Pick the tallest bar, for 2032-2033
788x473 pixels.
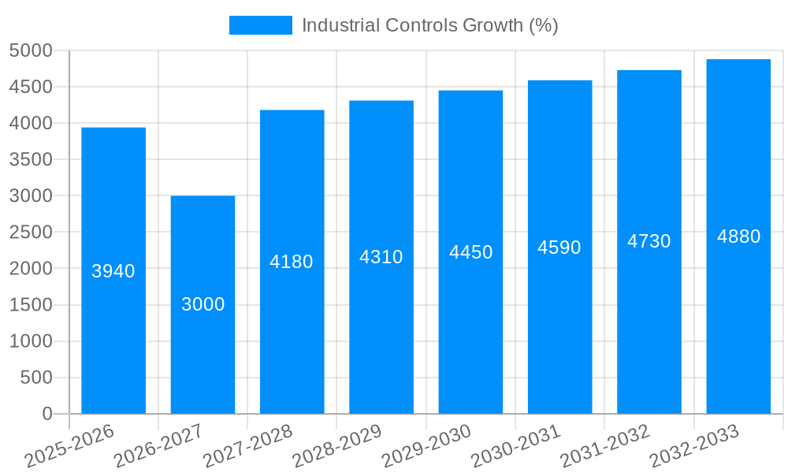[738, 315]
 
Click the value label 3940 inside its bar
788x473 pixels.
[113, 271]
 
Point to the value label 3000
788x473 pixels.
[203, 304]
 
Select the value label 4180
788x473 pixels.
[292, 262]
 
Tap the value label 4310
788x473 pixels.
[381, 257]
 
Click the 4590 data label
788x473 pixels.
[559, 248]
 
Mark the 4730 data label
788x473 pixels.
[649, 242]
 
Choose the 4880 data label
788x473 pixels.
[738, 236]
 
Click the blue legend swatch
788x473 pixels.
[260, 25]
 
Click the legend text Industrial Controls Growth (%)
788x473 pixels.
[429, 25]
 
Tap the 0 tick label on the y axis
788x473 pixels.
[46, 414]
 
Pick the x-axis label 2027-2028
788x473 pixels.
[249, 445]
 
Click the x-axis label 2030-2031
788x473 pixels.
[517, 445]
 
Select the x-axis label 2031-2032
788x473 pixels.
[606, 445]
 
